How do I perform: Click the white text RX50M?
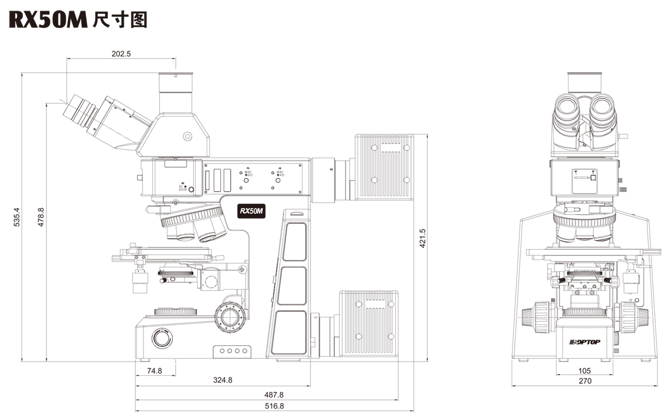[x=251, y=211]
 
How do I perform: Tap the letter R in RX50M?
[x=243, y=211]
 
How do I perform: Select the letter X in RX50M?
[x=247, y=211]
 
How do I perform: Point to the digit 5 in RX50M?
[x=251, y=211]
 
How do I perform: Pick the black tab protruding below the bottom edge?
[x=275, y=403]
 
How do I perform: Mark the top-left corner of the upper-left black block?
[x=9, y=11]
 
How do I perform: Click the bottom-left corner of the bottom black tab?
[x=135, y=412]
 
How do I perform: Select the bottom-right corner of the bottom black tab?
[x=414, y=412]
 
